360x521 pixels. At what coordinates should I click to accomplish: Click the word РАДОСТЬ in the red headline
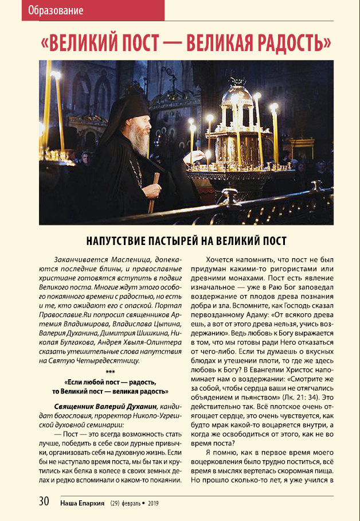click(x=287, y=42)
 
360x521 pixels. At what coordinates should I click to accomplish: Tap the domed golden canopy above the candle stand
click(x=237, y=98)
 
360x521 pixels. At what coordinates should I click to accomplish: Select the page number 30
click(x=44, y=501)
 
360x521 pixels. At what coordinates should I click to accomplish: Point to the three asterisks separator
click(x=111, y=371)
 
